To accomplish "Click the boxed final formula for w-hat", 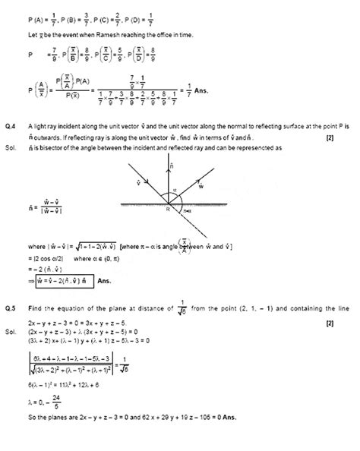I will pyautogui.click(x=61, y=281).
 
